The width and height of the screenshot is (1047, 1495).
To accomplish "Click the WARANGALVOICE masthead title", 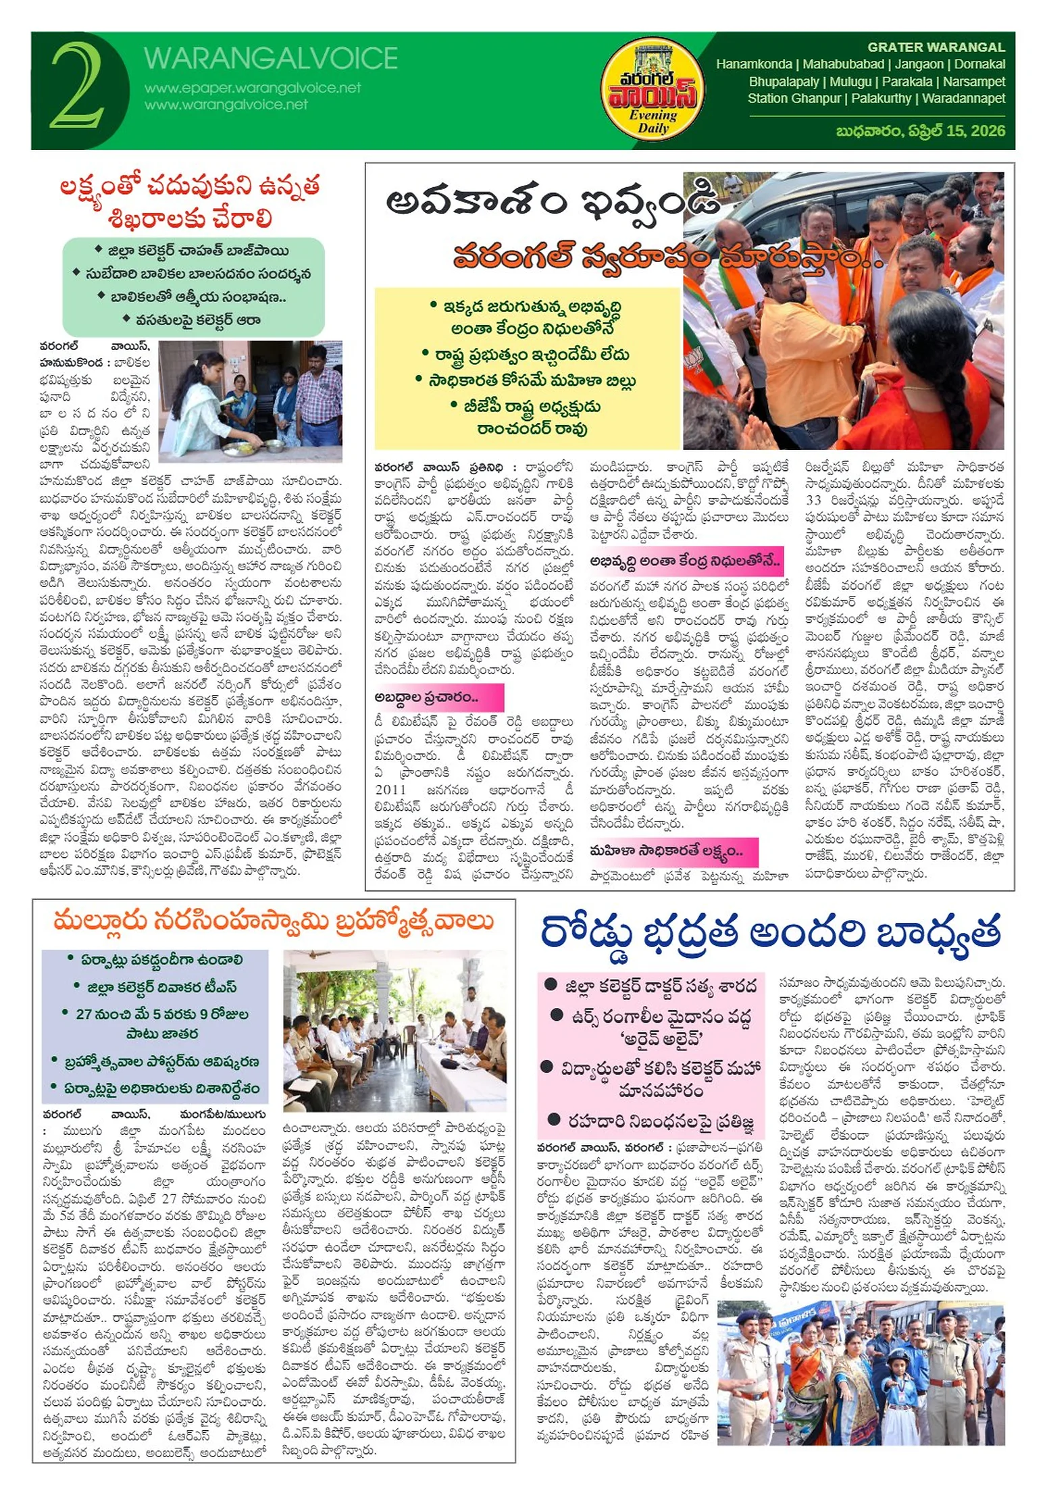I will pyautogui.click(x=270, y=59).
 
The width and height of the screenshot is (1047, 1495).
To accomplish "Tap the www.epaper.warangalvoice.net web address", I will pyautogui.click(x=253, y=88).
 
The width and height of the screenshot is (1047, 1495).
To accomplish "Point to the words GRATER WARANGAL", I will pyautogui.click(x=936, y=47).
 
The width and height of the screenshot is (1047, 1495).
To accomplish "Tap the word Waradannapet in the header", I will pyautogui.click(x=963, y=98).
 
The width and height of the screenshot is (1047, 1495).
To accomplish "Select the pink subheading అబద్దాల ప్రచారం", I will pyautogui.click(x=427, y=696).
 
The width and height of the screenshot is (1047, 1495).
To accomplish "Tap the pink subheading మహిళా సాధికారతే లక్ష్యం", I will pyautogui.click(x=665, y=851).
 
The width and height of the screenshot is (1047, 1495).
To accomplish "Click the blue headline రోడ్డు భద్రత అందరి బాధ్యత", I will pyautogui.click(x=770, y=932).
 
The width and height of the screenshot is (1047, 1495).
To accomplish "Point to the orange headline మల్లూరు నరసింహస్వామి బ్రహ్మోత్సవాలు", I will pyautogui.click(x=274, y=921).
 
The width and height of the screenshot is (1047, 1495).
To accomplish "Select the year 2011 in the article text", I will pyautogui.click(x=390, y=789).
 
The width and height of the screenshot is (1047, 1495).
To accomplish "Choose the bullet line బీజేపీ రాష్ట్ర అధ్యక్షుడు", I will pyautogui.click(x=527, y=407).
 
